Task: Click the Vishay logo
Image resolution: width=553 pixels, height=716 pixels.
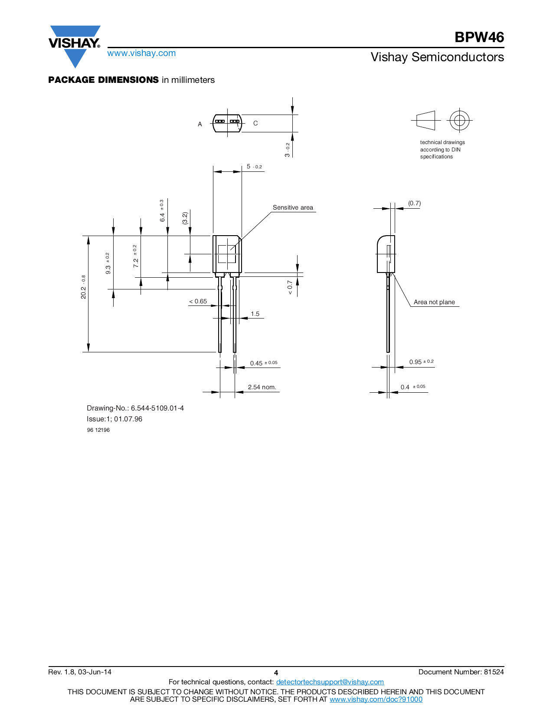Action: [75, 46]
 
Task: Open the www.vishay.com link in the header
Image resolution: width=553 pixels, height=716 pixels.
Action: [141, 53]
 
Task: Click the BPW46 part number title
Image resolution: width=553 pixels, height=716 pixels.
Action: [479, 37]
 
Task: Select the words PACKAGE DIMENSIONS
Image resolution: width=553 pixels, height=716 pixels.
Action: [103, 80]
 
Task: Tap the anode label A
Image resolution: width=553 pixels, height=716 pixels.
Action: [200, 124]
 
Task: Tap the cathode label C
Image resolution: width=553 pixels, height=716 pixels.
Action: [255, 123]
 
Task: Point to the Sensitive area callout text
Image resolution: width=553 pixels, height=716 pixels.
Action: [293, 207]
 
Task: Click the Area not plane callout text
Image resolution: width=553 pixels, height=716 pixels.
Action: [434, 302]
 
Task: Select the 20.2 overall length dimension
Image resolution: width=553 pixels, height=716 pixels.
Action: [83, 287]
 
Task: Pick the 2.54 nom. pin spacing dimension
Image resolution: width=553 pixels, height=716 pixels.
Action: [262, 387]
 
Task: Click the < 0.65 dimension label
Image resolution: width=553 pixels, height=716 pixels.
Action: [198, 302]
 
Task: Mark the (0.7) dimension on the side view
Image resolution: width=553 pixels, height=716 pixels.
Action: [414, 203]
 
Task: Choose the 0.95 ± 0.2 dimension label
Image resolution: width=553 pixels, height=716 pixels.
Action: [421, 362]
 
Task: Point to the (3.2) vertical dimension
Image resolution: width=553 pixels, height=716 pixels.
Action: [185, 218]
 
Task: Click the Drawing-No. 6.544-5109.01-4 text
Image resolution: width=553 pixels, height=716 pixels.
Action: [135, 408]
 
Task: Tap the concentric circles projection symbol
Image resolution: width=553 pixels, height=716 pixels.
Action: [459, 120]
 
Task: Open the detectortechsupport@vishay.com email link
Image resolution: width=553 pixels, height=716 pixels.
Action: [330, 682]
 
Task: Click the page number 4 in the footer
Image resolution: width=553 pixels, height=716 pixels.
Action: [276, 673]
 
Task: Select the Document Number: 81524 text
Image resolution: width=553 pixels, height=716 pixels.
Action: [461, 672]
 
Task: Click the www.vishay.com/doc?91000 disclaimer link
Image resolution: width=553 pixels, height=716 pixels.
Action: [376, 699]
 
